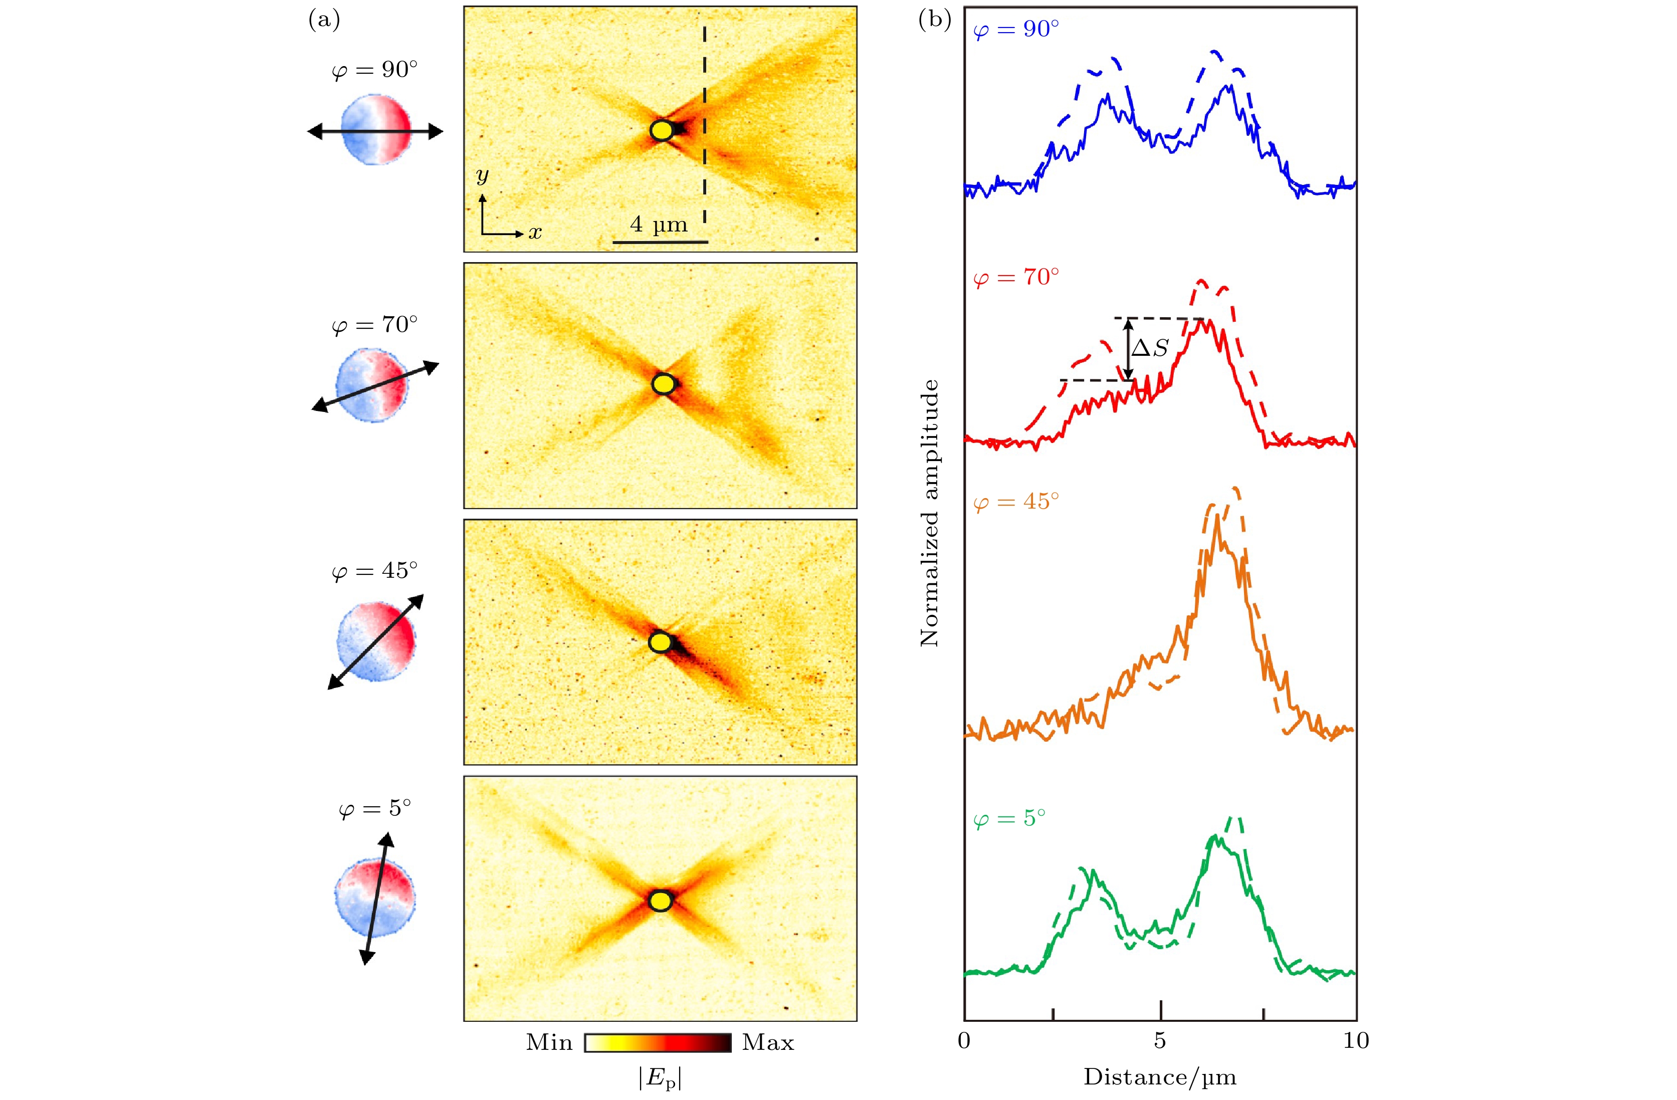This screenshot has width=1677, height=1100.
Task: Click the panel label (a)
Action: tap(324, 21)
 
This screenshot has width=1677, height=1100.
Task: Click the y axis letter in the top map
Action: tap(482, 175)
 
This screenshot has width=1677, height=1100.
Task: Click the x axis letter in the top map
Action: tap(535, 233)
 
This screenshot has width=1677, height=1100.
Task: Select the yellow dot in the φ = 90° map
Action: tap(662, 130)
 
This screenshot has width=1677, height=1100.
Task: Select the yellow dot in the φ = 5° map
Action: tap(660, 901)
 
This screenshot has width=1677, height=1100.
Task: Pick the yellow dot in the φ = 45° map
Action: tap(660, 642)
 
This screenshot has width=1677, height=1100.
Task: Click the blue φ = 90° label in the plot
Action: tap(1015, 30)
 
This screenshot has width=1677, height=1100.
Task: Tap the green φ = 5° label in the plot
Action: tap(1009, 818)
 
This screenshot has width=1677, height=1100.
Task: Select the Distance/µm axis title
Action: tap(1160, 1077)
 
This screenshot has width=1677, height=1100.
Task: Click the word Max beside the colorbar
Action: tap(767, 1043)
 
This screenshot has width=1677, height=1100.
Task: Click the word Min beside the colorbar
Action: tap(549, 1043)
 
